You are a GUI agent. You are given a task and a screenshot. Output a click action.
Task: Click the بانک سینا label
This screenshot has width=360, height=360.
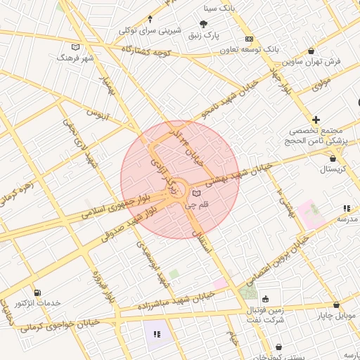[217, 8]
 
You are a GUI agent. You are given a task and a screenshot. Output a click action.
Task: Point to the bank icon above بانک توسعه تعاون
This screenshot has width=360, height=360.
[249, 39]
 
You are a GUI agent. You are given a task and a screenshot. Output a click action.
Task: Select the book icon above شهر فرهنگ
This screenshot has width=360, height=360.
[76, 47]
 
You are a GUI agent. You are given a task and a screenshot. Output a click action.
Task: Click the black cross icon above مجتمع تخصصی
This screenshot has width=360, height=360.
[316, 120]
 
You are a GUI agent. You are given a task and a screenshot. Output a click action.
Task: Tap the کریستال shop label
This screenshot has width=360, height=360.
[324, 170]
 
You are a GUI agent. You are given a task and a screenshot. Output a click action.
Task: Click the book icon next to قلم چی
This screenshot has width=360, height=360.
[197, 193]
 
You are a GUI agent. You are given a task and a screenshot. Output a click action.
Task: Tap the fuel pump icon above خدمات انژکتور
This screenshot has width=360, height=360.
[37, 292]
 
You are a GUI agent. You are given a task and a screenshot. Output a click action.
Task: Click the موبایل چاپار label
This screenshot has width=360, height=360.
[337, 317]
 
